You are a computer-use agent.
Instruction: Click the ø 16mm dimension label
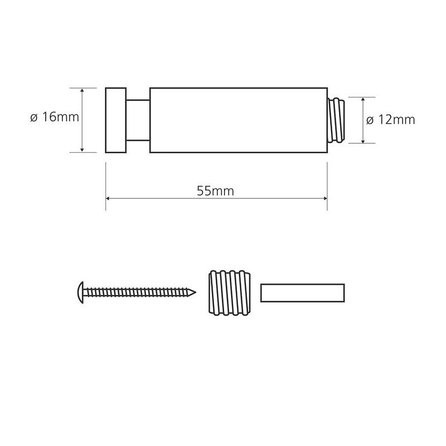[54, 117]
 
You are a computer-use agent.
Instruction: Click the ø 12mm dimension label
[391, 120]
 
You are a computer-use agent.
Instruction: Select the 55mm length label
[215, 191]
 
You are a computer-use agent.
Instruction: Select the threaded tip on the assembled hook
[337, 120]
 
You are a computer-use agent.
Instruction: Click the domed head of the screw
[80, 293]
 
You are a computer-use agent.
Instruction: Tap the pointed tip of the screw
[196, 292]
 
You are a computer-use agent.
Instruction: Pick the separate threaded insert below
[230, 293]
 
